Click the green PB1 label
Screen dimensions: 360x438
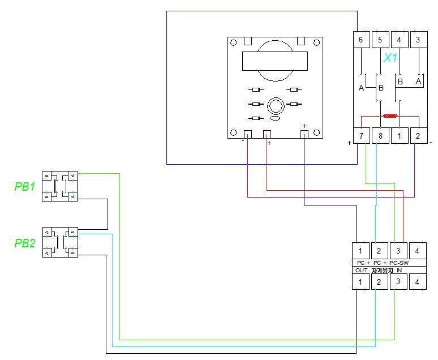coord(24,187)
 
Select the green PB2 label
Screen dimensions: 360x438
coord(24,244)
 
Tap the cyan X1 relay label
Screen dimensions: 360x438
coord(390,58)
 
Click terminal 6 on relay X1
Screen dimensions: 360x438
coord(361,40)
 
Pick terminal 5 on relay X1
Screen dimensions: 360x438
coord(380,40)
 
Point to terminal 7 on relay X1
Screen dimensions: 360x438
coord(361,136)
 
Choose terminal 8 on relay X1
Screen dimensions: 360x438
coord(380,136)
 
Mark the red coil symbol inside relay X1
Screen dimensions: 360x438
coord(390,116)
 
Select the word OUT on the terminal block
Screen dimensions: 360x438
coord(362,271)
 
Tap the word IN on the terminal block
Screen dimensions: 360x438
coord(399,271)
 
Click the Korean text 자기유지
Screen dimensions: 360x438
coord(382,271)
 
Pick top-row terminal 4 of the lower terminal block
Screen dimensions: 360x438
coord(418,250)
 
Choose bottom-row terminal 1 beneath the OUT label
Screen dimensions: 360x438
coord(360,281)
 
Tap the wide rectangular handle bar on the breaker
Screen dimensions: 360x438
coord(275,61)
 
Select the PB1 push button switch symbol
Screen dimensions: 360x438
coord(60,186)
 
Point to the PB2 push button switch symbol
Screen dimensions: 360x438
coord(60,242)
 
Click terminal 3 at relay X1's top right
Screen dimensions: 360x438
coord(418,40)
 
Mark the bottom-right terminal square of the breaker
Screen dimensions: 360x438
coord(304,134)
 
